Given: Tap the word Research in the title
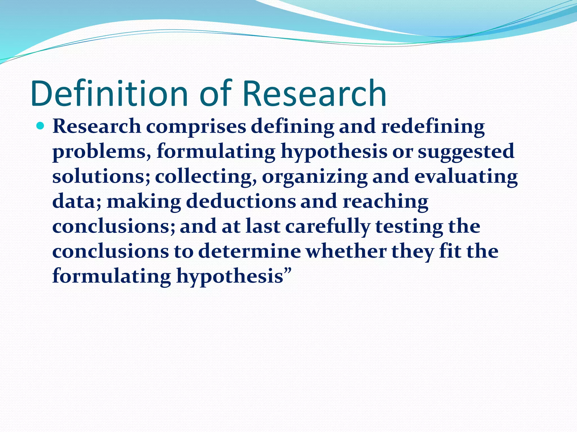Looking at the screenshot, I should [314, 93].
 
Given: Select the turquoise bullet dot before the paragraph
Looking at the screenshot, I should [41, 126].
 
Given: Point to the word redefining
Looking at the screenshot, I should [433, 127].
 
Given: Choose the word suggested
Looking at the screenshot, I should [466, 151].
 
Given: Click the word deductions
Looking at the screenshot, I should [241, 201].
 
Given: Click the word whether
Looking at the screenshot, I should [346, 251].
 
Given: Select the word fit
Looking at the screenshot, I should [450, 251].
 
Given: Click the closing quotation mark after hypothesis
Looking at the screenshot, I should [288, 272].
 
